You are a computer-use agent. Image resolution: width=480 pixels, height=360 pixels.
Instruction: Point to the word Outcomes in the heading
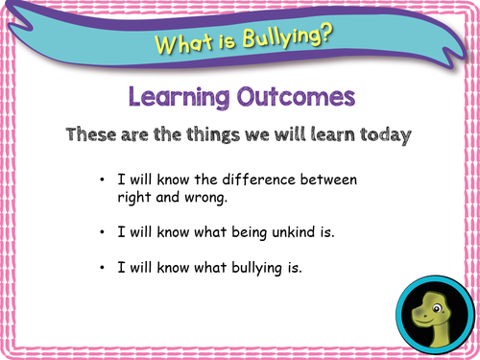[x=294, y=97]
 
